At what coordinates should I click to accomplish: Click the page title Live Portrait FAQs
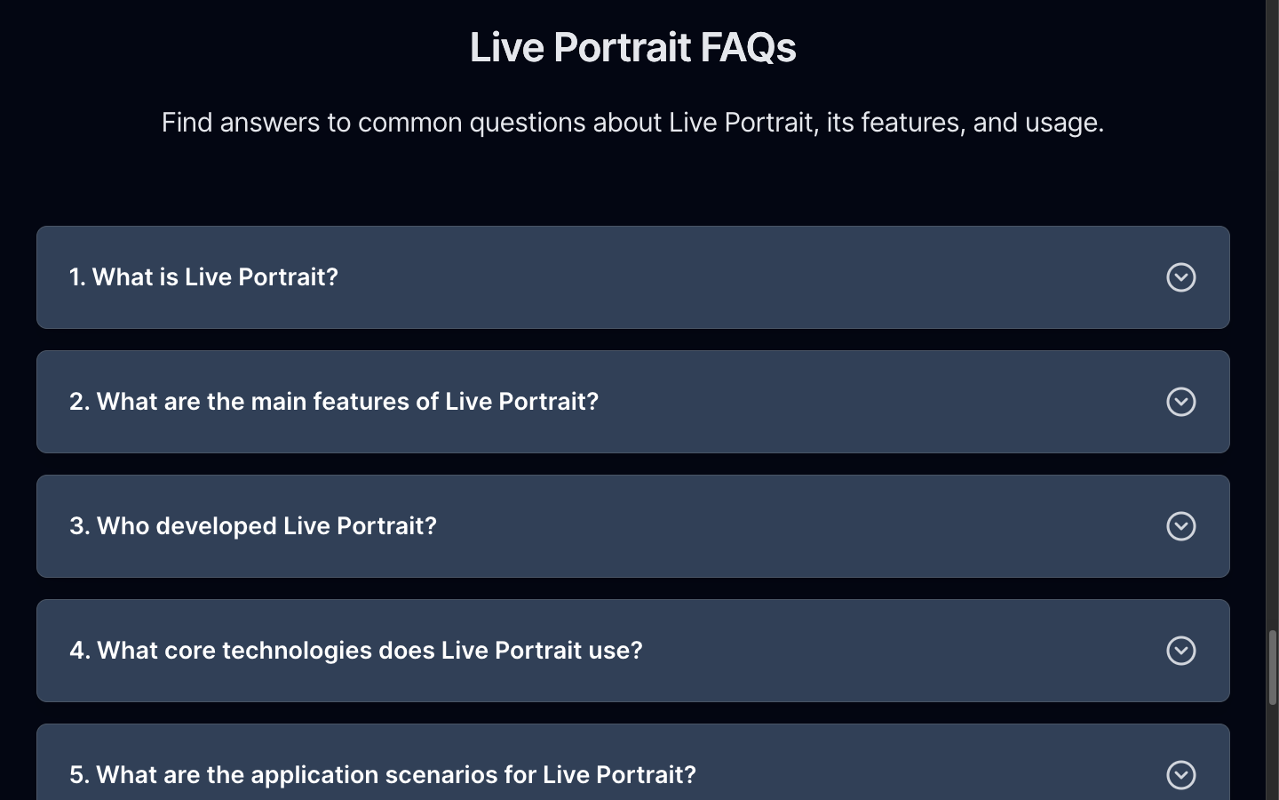tap(632, 47)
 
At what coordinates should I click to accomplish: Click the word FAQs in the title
tap(748, 47)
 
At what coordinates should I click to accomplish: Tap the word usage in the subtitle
tap(1064, 124)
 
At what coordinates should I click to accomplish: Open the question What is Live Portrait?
tap(204, 277)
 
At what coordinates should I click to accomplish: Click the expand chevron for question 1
tap(1180, 277)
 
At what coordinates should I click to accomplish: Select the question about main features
tap(334, 402)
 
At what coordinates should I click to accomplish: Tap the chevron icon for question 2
tap(1180, 402)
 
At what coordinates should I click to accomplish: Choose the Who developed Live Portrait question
tap(253, 526)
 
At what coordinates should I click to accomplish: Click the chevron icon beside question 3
tap(1180, 526)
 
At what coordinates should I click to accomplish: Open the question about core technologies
tap(355, 651)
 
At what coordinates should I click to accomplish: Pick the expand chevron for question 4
tap(1180, 651)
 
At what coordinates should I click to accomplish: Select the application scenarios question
tap(383, 775)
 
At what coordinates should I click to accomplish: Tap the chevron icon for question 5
tap(1180, 775)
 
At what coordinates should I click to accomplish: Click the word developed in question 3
tap(216, 526)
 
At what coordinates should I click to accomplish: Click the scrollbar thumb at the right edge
tap(1273, 668)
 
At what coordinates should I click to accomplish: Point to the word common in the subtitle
tap(410, 124)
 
